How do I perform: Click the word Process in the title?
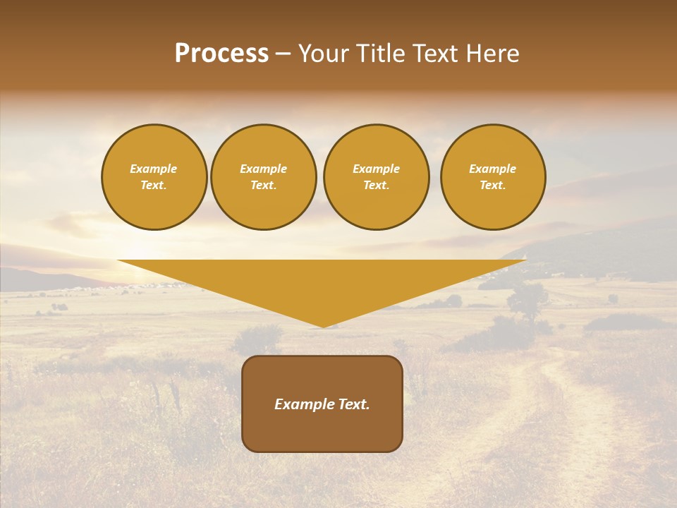click(x=221, y=54)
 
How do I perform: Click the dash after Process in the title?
click(x=283, y=55)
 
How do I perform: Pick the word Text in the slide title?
click(x=435, y=54)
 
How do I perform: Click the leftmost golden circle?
click(x=154, y=177)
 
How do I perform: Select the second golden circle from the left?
click(x=264, y=177)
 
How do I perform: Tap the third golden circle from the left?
click(x=377, y=177)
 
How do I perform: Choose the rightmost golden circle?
click(x=493, y=177)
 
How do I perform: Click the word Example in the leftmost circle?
click(x=154, y=169)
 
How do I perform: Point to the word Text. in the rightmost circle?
click(x=493, y=186)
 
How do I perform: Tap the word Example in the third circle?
click(x=376, y=169)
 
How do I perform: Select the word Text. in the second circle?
click(x=264, y=186)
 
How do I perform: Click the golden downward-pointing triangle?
click(x=322, y=282)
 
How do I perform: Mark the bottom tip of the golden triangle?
click(x=323, y=325)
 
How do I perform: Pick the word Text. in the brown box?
click(x=354, y=404)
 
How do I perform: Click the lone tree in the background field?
click(x=527, y=300)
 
